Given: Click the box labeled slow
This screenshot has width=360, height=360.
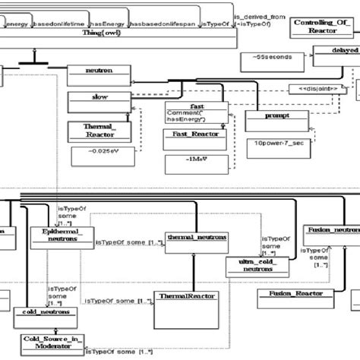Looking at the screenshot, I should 99,98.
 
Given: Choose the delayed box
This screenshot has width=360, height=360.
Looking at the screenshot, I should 336,55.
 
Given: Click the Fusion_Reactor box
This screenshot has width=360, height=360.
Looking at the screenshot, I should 291,293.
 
